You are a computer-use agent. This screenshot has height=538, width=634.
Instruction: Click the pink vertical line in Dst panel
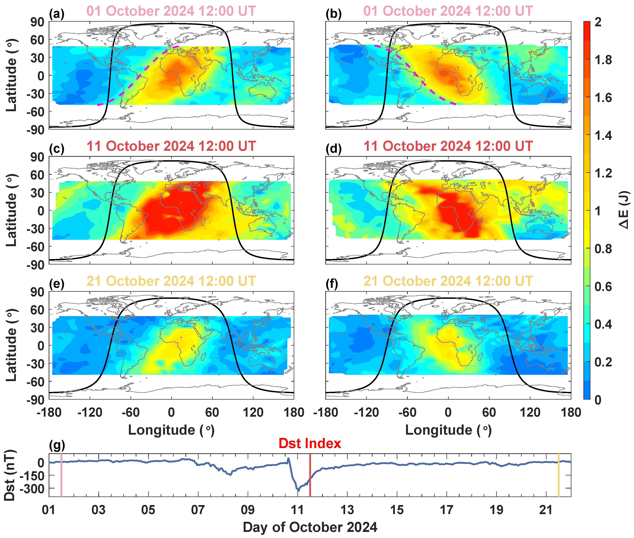[61, 475]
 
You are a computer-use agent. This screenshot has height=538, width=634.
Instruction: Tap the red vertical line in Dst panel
[310, 475]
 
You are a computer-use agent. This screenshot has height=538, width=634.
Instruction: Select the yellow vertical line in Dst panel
[558, 475]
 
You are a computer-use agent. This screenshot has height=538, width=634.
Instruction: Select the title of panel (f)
[448, 281]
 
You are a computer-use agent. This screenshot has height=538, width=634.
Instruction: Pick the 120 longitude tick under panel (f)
[530, 413]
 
